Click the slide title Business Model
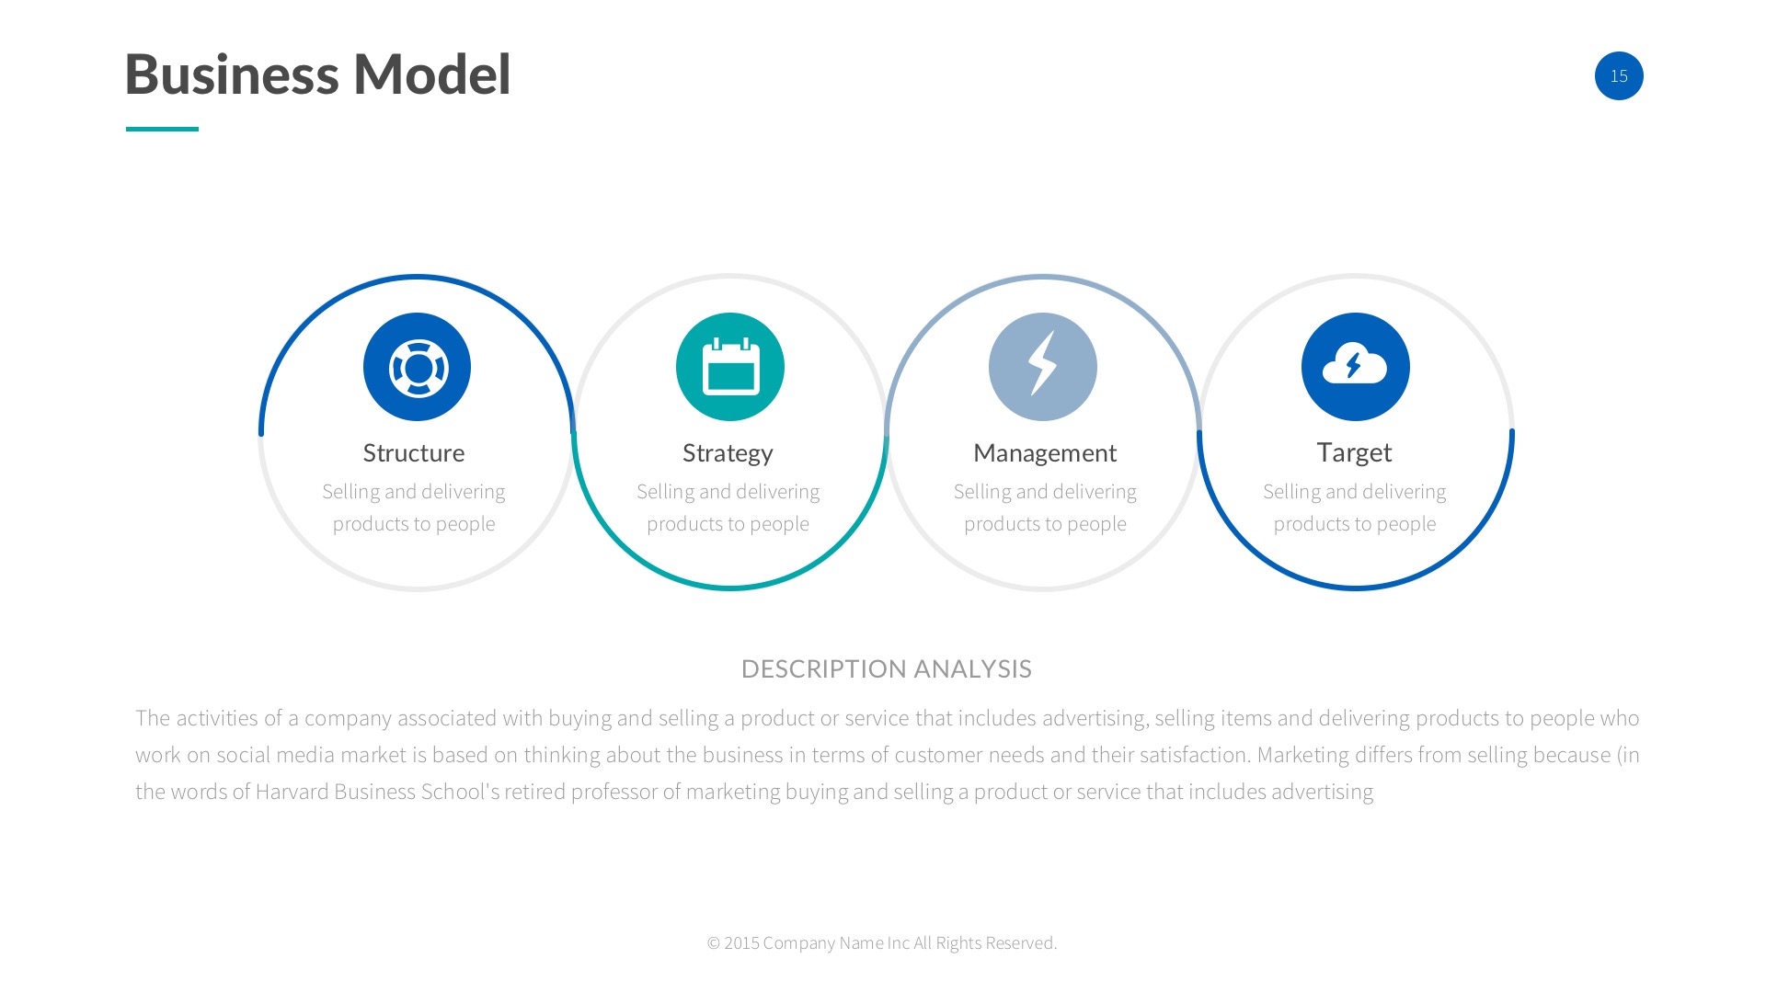317,74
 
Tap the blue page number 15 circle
1619,75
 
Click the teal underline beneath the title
162,129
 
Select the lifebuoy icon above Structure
417,367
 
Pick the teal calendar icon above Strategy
729,367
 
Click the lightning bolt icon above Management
1042,367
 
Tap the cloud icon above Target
1355,367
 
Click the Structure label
414,452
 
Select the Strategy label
728,453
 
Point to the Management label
1045,453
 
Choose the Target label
1354,452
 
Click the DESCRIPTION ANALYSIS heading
887,668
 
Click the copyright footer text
882,942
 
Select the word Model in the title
432,74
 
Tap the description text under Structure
414,508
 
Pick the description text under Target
1355,508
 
